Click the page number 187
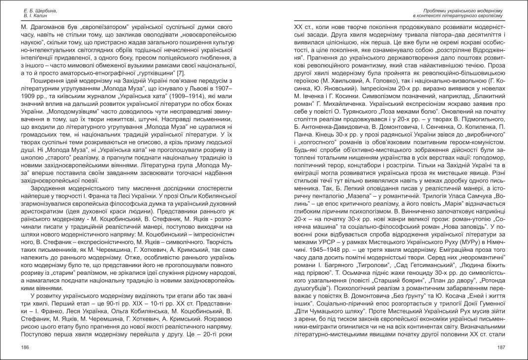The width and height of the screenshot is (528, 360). pyautogui.click(x=501, y=348)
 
